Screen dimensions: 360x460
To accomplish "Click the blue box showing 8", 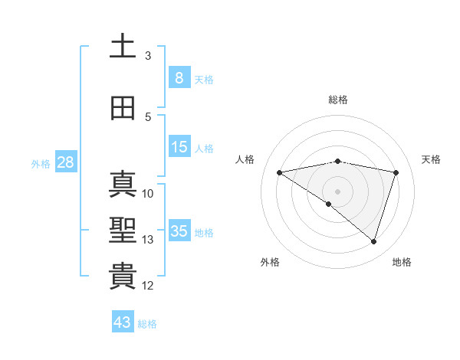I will point(179,78).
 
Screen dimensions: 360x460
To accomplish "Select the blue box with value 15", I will point(179,147).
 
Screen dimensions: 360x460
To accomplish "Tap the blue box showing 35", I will point(179,231).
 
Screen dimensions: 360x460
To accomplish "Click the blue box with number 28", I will point(64,162).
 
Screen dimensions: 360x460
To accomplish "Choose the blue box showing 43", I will point(123,322).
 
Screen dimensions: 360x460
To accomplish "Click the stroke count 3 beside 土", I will point(148,56).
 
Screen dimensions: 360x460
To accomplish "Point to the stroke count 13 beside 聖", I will point(148,240).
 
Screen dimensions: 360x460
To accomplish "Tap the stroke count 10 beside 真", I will point(148,193).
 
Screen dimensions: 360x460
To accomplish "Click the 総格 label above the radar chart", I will point(337,100).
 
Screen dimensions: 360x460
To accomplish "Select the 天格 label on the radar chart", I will point(431,159).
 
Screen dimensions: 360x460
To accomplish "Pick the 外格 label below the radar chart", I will point(270,262).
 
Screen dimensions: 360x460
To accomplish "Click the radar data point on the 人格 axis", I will point(279,172).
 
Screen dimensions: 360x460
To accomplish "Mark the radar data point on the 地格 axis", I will point(373,242).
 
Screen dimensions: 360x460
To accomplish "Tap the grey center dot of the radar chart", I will point(337,191).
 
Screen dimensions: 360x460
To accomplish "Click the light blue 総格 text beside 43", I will point(147,324).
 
